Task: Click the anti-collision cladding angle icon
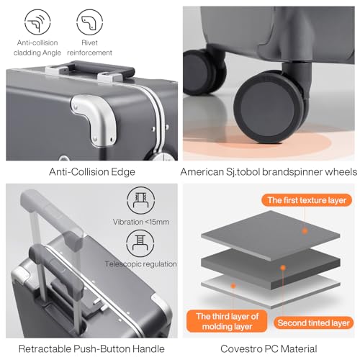pos(37,22)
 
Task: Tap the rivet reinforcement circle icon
pos(89,22)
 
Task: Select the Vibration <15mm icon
pos(140,200)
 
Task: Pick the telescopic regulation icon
pos(140,243)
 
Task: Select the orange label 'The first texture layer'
pos(307,200)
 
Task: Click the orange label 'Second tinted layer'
pos(313,323)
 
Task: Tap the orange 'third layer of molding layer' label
pos(227,321)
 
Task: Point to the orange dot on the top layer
pos(305,231)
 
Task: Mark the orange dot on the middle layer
pos(283,268)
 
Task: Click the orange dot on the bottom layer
pos(233,286)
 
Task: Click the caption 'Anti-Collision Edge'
pos(92,172)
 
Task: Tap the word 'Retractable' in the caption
pos(45,348)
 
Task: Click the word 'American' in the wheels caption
pos(202,172)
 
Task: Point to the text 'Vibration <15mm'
pos(141,222)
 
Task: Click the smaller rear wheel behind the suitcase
pos(203,72)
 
